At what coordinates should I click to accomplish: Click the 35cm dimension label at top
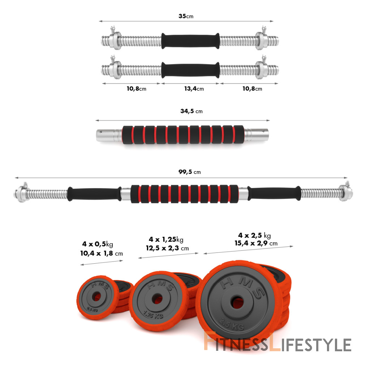pos(186,16)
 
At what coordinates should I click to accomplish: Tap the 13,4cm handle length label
pos(194,89)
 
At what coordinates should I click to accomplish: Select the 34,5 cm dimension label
pos(192,111)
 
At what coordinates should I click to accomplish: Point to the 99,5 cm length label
pos(189,172)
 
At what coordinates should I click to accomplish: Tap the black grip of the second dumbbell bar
pos(190,70)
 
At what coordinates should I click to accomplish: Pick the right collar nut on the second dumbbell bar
pos(262,69)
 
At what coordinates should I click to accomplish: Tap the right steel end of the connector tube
pos(256,135)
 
